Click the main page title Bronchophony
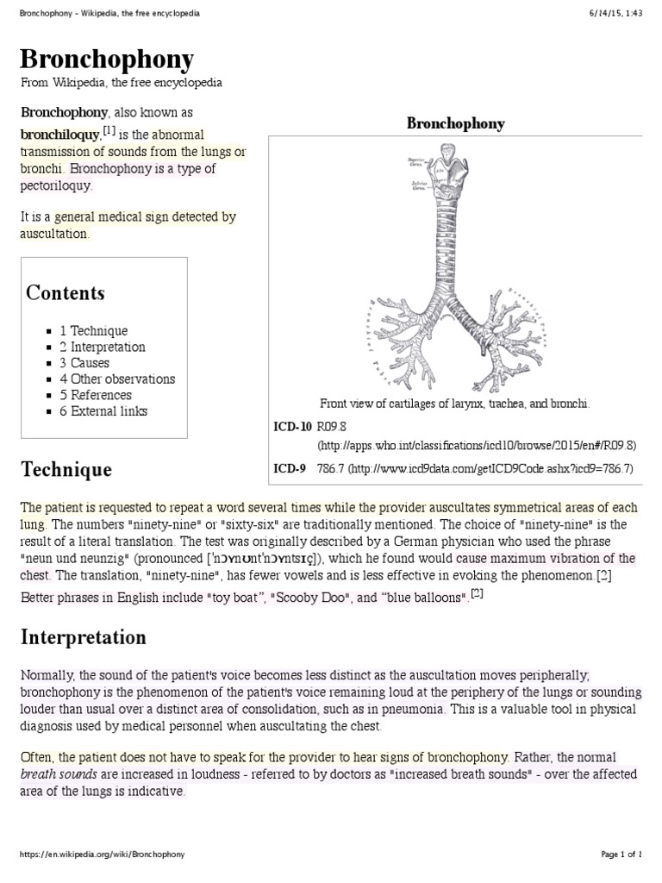pyautogui.click(x=107, y=60)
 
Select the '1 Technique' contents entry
pyautogui.click(x=93, y=331)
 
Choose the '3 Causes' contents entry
pyautogui.click(x=84, y=363)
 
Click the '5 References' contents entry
pyautogui.click(x=95, y=395)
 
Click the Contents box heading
pyautogui.click(x=66, y=293)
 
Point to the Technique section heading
pyautogui.click(x=66, y=470)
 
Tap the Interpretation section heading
pyautogui.click(x=84, y=638)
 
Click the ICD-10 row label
pyautogui.click(x=291, y=427)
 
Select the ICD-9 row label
pyautogui.click(x=289, y=469)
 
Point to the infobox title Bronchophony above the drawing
pyautogui.click(x=455, y=124)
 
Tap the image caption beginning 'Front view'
pyautogui.click(x=454, y=404)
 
